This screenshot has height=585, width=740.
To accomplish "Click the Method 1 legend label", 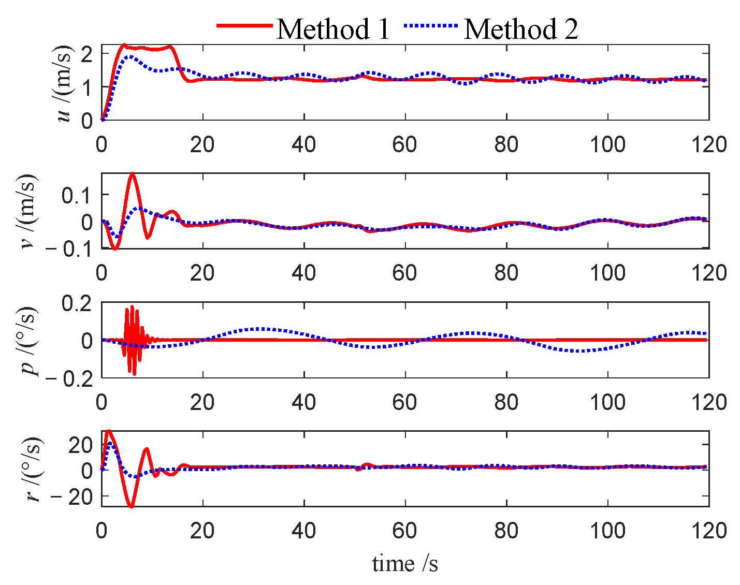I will tap(333, 29).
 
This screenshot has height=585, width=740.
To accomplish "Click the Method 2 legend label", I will tap(520, 29).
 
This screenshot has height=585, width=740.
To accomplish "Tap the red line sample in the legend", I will tap(244, 25).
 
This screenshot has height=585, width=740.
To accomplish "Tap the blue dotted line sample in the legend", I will tap(431, 25).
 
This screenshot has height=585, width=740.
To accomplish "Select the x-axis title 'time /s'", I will tap(405, 563).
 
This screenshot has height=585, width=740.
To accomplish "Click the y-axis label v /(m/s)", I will tap(29, 211).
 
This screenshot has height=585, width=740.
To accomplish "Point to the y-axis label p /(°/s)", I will tap(29, 340).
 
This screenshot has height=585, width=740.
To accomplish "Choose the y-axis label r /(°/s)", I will tap(32, 469).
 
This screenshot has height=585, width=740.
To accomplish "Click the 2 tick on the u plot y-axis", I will tap(86, 53).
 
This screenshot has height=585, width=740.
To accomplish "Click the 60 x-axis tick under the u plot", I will tap(404, 144).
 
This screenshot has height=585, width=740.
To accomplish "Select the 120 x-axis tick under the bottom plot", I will tap(708, 531).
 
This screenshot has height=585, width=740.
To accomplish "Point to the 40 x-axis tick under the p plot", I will tap(303, 402).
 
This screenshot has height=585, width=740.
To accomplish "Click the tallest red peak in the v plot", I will tap(133, 173).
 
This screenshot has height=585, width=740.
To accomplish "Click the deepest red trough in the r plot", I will tap(131, 506).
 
